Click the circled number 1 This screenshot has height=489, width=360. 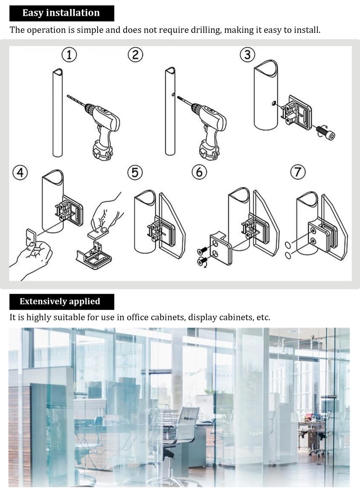coord(69,55)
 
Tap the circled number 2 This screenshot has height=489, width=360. coord(135,55)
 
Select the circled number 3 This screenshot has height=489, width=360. coord(247,55)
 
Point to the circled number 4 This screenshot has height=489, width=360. coord(20,172)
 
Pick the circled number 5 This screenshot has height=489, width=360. coord(135,172)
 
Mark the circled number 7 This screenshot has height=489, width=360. coord(297,172)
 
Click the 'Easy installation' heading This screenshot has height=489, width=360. coord(61,13)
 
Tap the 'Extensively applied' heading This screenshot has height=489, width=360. coord(60,301)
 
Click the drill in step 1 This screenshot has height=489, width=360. coord(97,125)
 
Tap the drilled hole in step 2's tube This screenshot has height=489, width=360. coord(172,94)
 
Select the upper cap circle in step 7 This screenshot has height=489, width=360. coord(289,244)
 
